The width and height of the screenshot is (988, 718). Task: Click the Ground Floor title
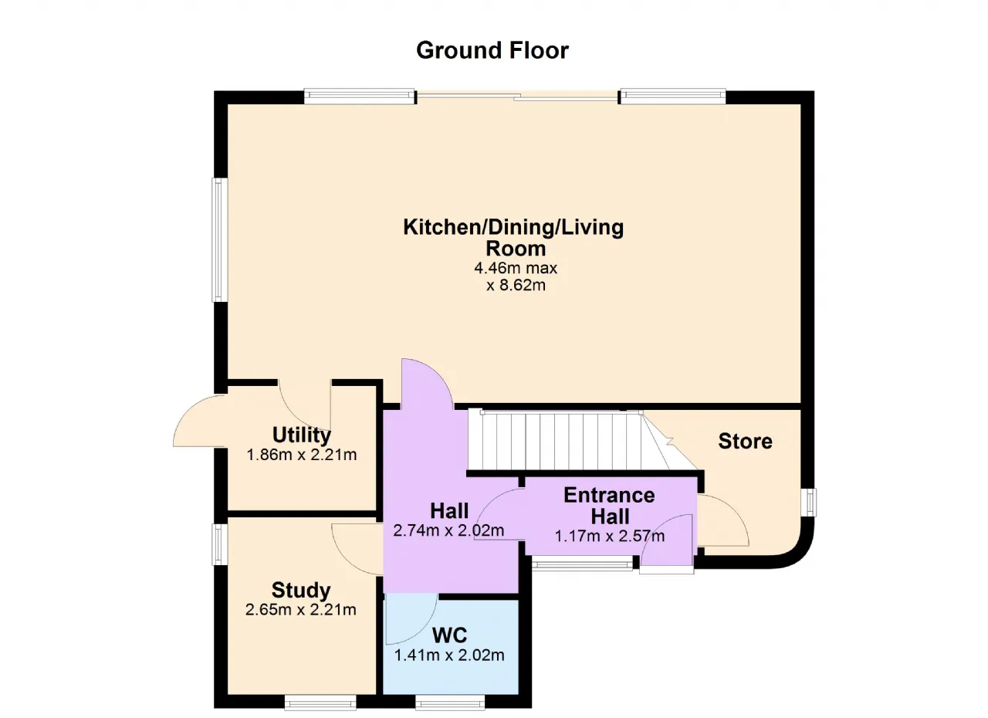tap(492, 50)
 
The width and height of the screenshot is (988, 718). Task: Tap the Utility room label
tap(302, 435)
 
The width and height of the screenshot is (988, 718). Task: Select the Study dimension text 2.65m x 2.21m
tap(301, 609)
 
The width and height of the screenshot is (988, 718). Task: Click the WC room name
tap(449, 635)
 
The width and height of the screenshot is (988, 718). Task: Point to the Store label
tap(745, 442)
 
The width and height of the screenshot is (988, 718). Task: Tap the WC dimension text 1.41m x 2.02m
tap(449, 655)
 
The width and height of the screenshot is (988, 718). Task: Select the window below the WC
tap(450, 703)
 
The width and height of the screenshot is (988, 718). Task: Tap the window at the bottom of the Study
tap(320, 703)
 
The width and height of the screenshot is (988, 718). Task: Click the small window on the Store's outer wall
tap(808, 503)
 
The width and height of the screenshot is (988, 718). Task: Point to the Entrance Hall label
tap(610, 506)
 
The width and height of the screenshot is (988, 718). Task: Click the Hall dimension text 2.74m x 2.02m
tap(448, 530)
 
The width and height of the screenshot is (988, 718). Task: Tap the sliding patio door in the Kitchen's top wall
tap(517, 96)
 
